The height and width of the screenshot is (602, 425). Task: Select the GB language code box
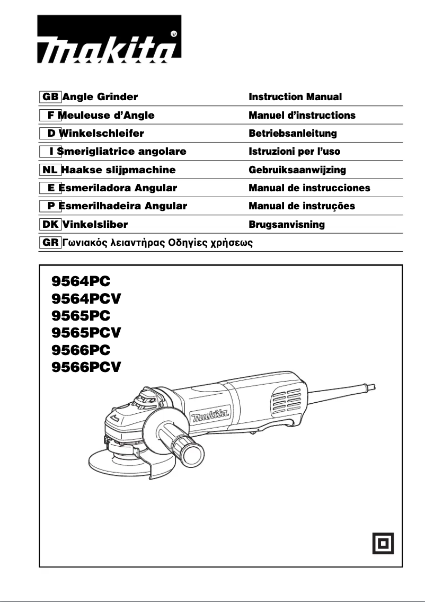coord(50,97)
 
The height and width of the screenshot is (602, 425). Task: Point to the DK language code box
coord(50,224)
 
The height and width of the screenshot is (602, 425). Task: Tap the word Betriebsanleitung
coord(293,133)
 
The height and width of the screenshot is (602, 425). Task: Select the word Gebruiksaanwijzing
coord(297,170)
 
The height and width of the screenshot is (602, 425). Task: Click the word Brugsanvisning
coord(287,224)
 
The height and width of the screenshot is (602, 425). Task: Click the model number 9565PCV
coord(86,332)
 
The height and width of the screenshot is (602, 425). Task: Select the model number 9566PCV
coord(86,366)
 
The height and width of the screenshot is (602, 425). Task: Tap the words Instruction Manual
coord(295,97)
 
